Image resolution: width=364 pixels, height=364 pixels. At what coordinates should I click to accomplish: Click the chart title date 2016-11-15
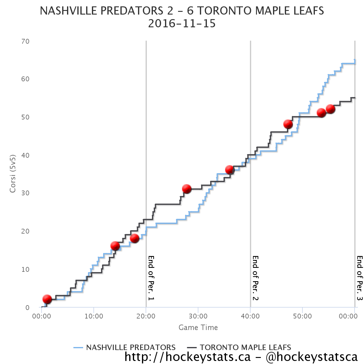click(182, 24)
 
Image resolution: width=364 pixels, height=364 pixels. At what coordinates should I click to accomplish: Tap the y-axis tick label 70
click(25, 41)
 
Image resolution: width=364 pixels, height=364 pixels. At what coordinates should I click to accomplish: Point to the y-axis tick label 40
click(25, 155)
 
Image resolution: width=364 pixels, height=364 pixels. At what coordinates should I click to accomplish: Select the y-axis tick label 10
click(25, 269)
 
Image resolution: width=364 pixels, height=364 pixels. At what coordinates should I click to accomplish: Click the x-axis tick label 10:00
click(94, 316)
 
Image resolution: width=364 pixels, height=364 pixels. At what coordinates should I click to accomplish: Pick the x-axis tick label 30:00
click(198, 316)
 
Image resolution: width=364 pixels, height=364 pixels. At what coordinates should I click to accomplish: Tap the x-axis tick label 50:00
click(302, 316)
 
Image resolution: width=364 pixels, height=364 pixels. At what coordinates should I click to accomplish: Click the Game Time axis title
click(198, 328)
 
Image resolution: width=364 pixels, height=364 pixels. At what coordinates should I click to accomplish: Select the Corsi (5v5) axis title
click(13, 174)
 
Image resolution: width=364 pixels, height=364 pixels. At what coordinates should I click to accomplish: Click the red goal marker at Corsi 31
click(187, 189)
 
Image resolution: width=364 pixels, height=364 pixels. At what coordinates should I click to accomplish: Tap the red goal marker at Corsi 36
click(230, 170)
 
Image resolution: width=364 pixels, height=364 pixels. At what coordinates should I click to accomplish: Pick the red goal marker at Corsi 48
click(288, 124)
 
